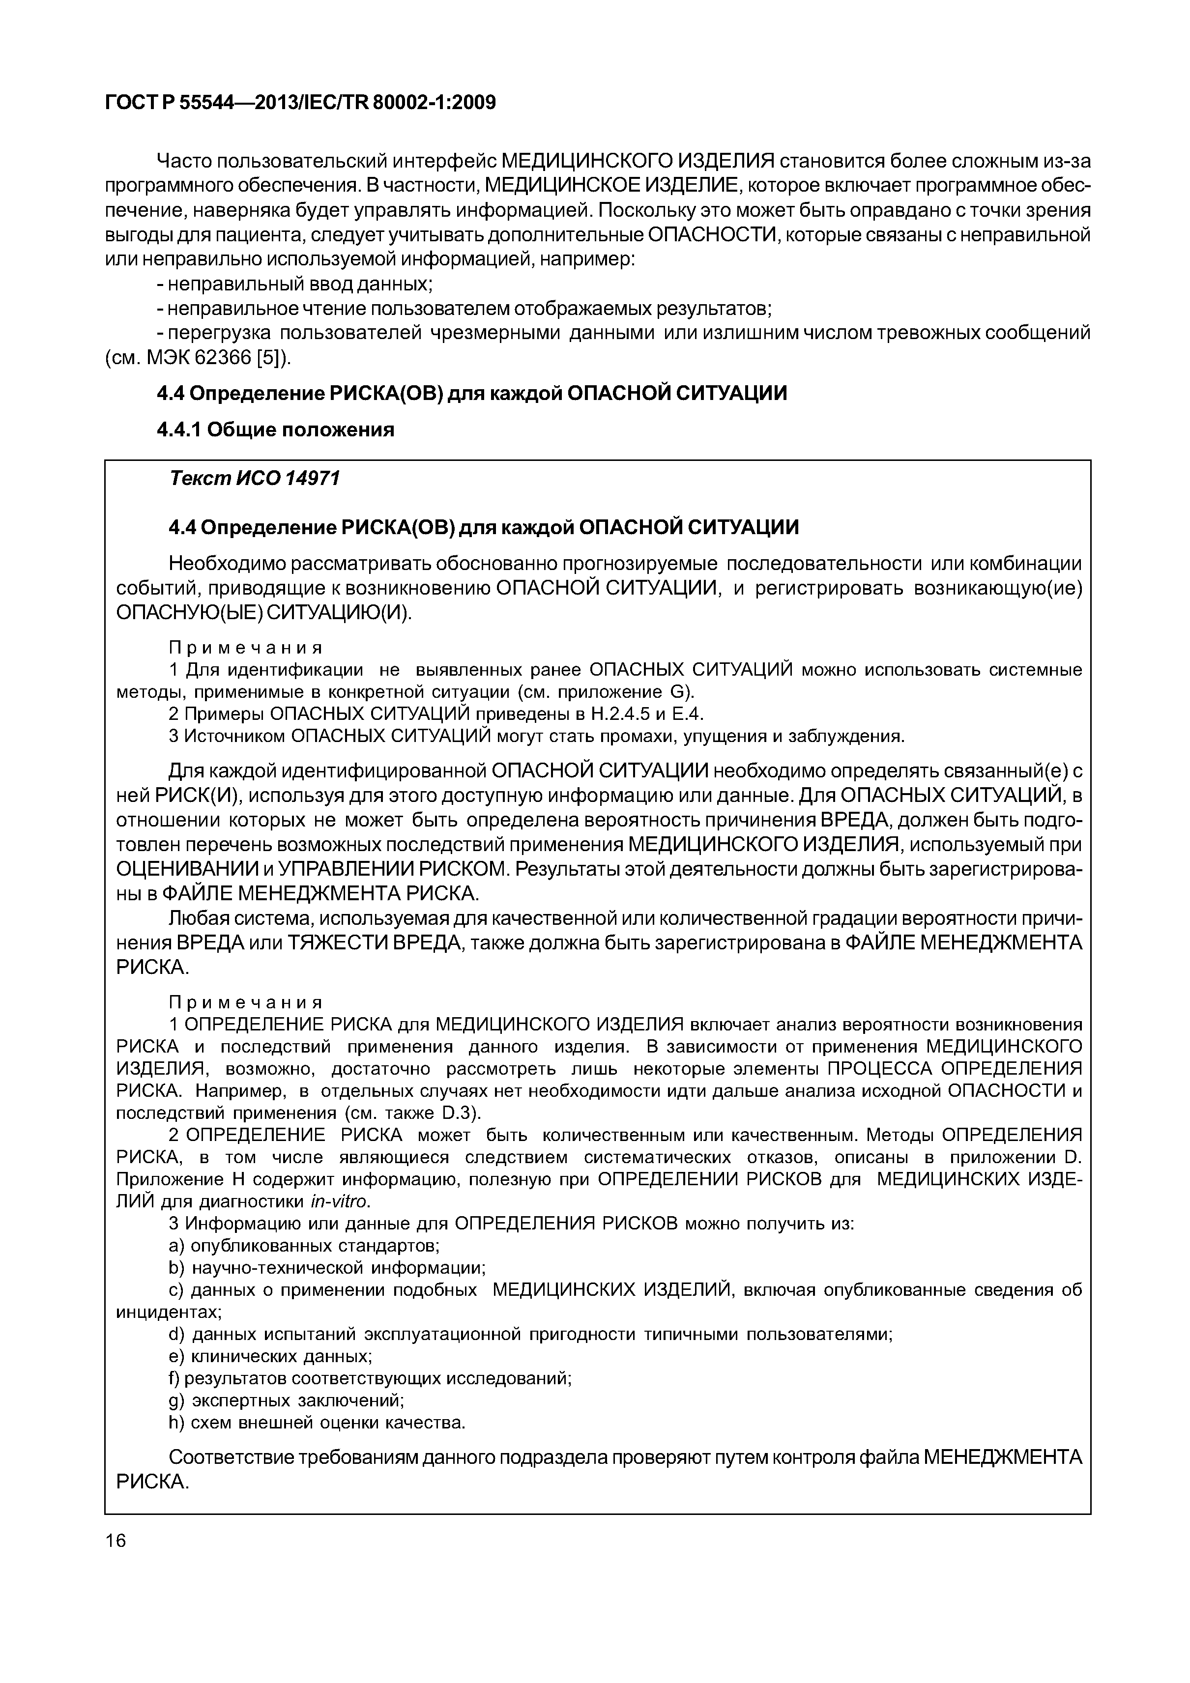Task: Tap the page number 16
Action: tap(116, 1541)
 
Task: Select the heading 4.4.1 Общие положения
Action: tap(276, 430)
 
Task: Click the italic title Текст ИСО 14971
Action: tap(255, 479)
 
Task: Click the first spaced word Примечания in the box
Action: tap(246, 648)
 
